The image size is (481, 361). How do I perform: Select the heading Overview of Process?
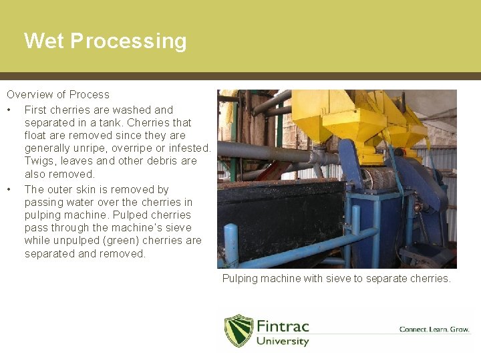coord(58,95)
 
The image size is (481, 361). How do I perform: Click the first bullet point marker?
coord(9,110)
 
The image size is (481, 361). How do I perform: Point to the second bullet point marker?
coord(9,190)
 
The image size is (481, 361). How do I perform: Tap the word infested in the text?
coord(190,148)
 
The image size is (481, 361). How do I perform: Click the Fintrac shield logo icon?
coord(238,330)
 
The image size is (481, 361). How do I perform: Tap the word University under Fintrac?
coord(283,341)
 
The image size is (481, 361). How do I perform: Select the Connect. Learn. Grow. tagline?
coord(434,330)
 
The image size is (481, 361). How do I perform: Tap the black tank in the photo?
coord(281,221)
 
